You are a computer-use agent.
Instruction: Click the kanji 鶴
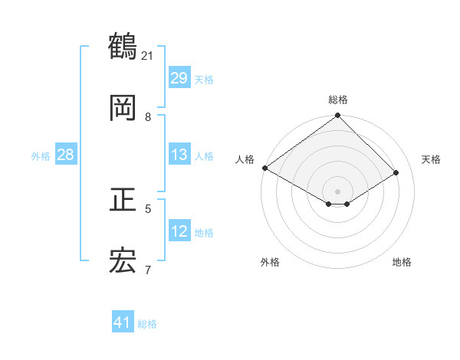(123, 47)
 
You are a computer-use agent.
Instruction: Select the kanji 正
(123, 201)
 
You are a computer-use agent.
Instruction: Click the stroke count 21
(148, 55)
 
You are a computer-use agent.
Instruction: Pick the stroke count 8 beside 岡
(148, 116)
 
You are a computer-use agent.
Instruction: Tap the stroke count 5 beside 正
(148, 208)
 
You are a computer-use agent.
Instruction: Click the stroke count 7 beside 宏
(148, 270)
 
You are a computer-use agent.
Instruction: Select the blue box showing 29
(179, 78)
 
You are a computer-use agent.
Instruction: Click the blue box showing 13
(179, 155)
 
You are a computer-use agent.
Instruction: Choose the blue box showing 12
(179, 231)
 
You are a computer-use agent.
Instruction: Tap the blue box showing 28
(66, 155)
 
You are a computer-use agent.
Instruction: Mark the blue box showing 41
(123, 323)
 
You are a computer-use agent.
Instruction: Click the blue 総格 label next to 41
(147, 324)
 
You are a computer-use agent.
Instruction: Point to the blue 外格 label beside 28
(41, 155)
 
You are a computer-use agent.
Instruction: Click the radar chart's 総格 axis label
(338, 100)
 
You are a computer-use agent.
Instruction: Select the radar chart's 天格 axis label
(431, 159)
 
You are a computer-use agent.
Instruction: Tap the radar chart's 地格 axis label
(402, 262)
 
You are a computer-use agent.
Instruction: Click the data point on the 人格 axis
(264, 168)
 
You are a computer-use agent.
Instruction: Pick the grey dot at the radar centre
(338, 191)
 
